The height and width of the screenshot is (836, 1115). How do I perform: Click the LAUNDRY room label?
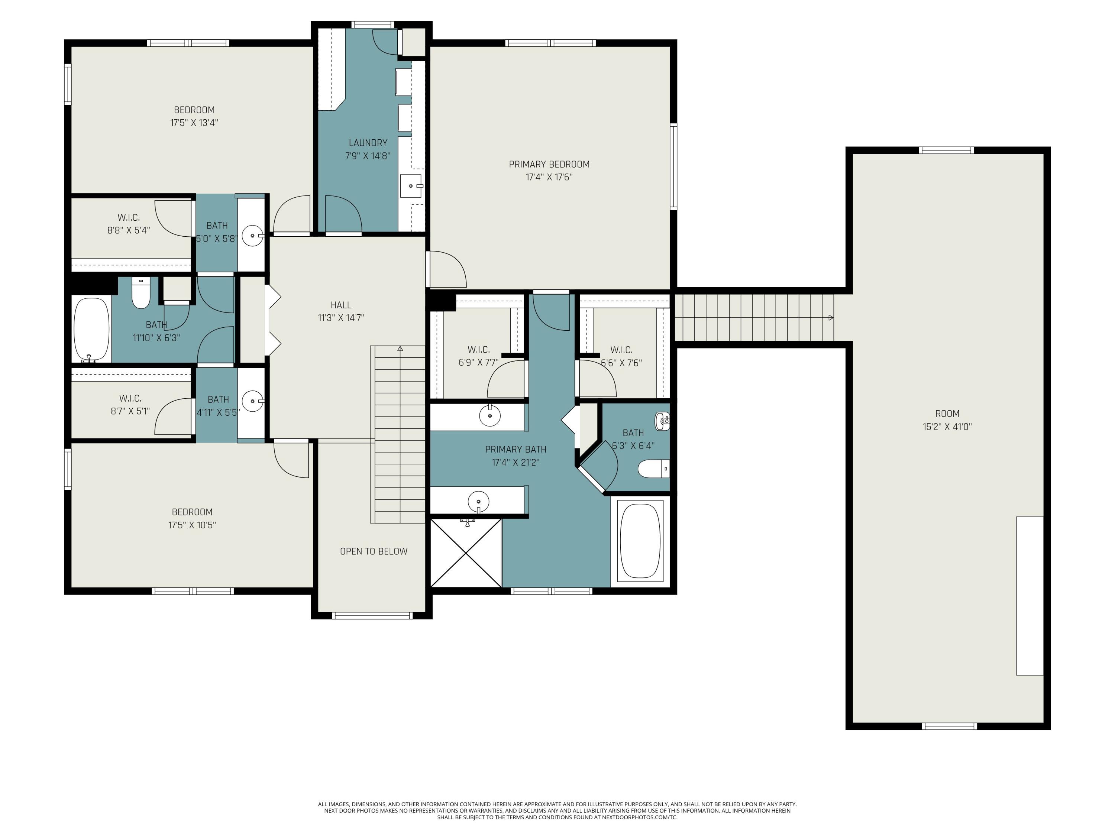(368, 143)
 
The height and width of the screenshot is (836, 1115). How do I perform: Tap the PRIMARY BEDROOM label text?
(549, 164)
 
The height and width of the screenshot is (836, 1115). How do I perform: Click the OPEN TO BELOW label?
(374, 551)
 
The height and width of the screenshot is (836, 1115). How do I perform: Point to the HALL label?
(341, 305)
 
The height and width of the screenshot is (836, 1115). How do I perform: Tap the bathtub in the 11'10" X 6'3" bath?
(92, 329)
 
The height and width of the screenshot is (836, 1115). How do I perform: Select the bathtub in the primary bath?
(640, 541)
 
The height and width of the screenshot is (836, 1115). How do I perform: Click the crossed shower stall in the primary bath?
(466, 553)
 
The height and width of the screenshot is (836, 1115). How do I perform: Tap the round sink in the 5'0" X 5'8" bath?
(252, 235)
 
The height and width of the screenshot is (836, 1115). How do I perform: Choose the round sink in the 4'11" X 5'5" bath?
(252, 402)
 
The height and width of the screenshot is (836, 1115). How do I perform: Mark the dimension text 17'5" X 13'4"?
(194, 123)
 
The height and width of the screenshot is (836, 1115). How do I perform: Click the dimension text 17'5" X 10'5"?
(192, 525)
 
